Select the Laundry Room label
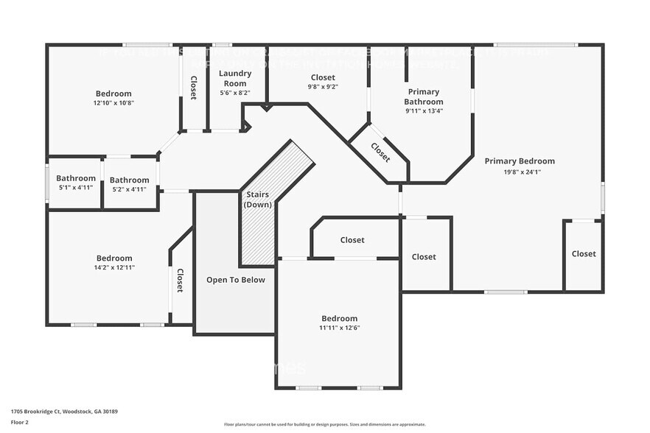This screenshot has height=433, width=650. (235, 78)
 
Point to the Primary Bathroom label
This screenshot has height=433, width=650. (424, 96)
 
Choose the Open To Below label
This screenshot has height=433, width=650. (235, 280)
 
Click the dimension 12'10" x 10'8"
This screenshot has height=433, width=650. (113, 103)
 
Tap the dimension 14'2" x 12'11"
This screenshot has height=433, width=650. (114, 267)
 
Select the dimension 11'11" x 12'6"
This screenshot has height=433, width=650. (339, 328)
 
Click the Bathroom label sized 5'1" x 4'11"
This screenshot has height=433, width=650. (76, 178)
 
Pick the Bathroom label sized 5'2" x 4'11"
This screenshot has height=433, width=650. (129, 180)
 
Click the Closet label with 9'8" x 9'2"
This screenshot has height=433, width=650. (323, 77)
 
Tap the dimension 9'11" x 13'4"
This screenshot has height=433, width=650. (424, 111)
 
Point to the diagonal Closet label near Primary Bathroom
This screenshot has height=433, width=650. (380, 152)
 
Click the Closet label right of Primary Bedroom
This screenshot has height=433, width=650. (583, 254)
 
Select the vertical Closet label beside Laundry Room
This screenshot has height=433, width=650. (194, 88)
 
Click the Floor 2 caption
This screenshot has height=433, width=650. (19, 422)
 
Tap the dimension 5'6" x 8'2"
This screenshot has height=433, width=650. (235, 93)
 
